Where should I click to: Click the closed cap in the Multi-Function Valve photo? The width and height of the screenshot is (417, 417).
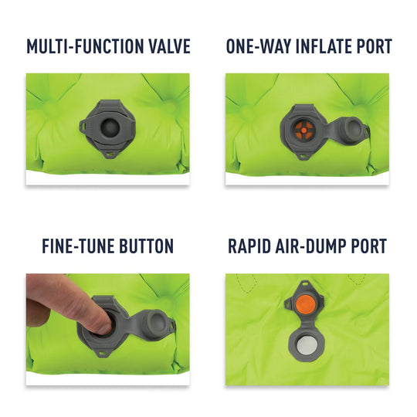coord(107,124)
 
